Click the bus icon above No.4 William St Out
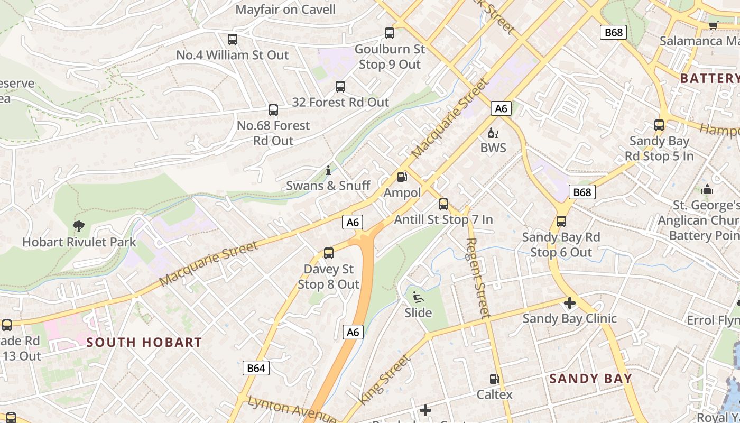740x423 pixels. point(233,39)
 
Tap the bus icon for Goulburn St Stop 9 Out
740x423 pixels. point(390,33)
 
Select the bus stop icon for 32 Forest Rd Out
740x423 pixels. point(340,86)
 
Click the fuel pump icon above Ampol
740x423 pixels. point(402,177)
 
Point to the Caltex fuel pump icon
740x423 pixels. point(495,379)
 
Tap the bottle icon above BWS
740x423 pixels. point(493,132)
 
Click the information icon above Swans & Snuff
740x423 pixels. point(328,170)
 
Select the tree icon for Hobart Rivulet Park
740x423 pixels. point(79,226)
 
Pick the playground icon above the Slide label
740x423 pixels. point(418,297)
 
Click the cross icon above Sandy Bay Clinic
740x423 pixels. point(569,303)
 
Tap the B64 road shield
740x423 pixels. point(256,368)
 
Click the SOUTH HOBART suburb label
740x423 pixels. point(144,342)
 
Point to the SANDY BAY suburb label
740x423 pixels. point(590,378)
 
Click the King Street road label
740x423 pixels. point(385,380)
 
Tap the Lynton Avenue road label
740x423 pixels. point(292,409)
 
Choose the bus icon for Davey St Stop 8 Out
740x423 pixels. point(329,253)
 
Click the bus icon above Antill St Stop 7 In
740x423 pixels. point(443,204)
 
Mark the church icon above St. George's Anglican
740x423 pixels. point(707,189)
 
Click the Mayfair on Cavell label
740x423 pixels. point(285,10)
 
